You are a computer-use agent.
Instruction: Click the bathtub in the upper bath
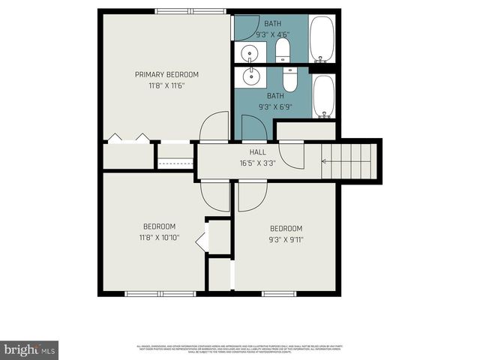click(x=322, y=39)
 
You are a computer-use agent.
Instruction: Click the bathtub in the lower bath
click(x=323, y=97)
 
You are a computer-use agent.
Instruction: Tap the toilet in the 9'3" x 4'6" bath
click(x=283, y=51)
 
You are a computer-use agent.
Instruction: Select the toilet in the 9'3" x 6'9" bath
click(x=290, y=79)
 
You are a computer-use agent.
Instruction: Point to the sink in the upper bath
click(x=250, y=52)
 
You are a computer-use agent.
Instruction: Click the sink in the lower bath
click(x=250, y=77)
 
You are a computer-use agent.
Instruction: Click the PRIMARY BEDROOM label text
click(x=166, y=74)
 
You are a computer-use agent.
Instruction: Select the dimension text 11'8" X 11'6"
click(x=166, y=85)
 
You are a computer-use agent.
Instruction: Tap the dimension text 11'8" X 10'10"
click(x=160, y=238)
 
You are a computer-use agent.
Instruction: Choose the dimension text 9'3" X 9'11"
click(x=286, y=240)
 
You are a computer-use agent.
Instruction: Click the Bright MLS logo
click(x=29, y=349)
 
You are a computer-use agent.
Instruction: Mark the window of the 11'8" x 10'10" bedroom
click(x=160, y=293)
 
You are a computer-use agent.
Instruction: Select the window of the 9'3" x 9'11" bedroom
click(x=279, y=293)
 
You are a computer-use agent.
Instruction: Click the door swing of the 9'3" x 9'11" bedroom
click(x=251, y=196)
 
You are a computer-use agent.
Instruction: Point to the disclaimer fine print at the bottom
click(x=240, y=348)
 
